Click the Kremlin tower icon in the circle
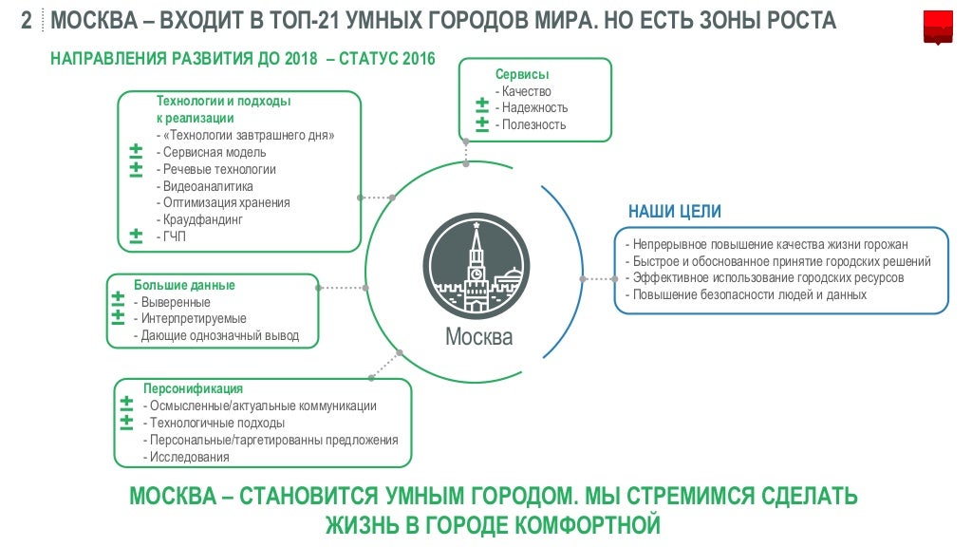[x=477, y=266]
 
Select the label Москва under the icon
[x=478, y=337]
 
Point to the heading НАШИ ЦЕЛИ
[x=675, y=212]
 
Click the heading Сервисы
[x=522, y=74]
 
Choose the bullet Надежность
[x=534, y=108]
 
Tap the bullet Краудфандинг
[x=203, y=220]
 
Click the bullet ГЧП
[x=174, y=236]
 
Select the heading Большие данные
[x=184, y=285]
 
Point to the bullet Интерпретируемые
[x=193, y=319]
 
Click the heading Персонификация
[x=193, y=388]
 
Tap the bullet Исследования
[x=189, y=457]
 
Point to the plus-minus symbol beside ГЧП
[x=136, y=236]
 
